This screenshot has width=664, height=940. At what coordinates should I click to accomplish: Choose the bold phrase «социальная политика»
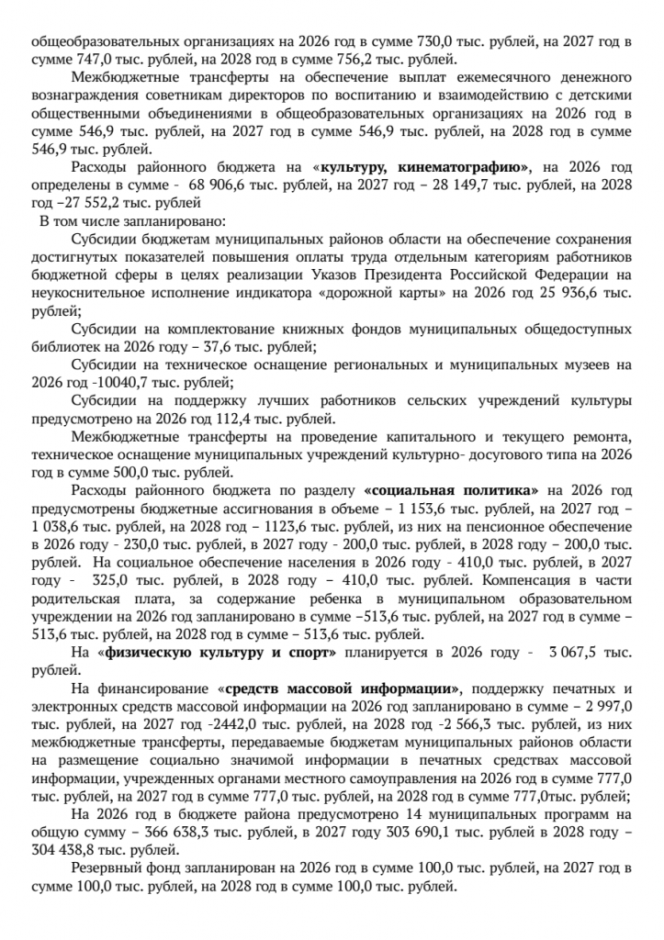click(x=451, y=489)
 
